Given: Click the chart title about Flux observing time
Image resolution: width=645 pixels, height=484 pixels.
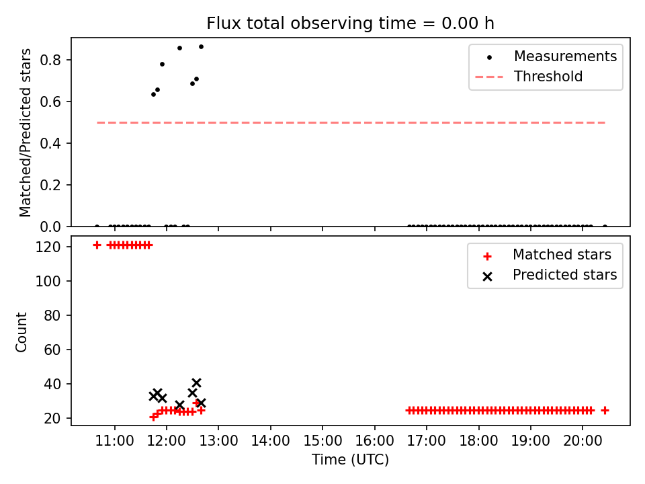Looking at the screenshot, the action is point(350,24).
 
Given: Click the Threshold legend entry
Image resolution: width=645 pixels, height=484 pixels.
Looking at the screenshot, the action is point(529,77).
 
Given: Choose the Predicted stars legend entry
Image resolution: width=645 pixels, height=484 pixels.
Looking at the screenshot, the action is point(548,275).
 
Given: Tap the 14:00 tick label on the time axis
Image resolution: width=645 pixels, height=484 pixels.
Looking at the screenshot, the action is point(270,441).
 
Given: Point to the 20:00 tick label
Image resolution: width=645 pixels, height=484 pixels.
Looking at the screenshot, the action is point(583,441).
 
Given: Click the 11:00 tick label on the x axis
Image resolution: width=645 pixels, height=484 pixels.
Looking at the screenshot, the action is point(114,441).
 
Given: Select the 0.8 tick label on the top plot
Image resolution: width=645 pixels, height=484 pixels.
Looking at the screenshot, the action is point(50,60).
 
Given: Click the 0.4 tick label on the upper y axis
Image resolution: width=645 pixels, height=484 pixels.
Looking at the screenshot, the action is point(50,143).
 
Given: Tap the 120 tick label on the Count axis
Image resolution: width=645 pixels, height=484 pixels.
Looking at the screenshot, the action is point(48,247).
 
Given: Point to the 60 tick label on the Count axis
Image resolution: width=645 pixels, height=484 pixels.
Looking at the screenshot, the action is point(52,350).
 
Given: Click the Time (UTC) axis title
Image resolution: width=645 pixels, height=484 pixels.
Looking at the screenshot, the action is point(350,459).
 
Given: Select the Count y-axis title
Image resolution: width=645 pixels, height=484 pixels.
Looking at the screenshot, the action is point(21,332).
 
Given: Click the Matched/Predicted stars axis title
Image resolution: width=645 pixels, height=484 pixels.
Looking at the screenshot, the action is point(25,132).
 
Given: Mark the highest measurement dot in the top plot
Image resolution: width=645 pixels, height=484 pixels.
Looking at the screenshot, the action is point(201,47).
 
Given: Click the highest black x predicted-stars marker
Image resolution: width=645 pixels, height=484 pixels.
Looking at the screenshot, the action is point(196,383).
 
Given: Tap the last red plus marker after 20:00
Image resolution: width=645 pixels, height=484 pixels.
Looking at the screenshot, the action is point(605,410).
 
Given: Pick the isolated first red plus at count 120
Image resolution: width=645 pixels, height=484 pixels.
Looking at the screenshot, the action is point(97,245).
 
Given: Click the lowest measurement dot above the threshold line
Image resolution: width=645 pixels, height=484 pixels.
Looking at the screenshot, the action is point(153,95).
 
